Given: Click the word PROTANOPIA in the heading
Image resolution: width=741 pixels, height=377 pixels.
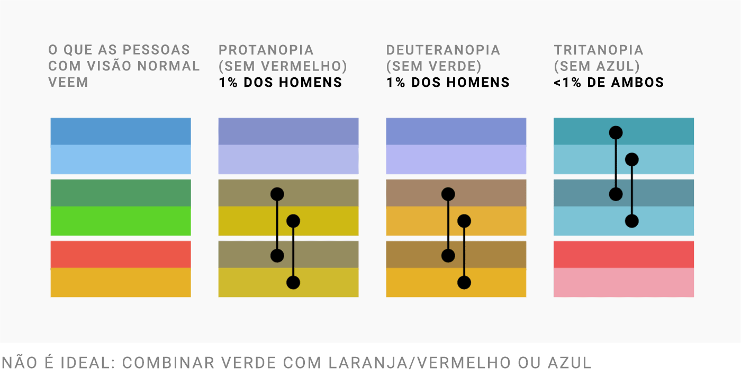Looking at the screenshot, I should click(266, 50).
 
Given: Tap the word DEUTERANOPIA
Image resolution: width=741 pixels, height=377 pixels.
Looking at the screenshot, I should click(443, 50).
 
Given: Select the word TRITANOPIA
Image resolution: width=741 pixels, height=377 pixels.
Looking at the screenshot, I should click(599, 50).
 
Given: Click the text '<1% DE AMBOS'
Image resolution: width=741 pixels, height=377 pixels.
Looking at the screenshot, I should click(609, 83).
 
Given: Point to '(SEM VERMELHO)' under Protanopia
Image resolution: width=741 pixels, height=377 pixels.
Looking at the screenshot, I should click(283, 66).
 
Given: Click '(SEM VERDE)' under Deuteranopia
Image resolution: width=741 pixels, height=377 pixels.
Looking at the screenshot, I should click(434, 66).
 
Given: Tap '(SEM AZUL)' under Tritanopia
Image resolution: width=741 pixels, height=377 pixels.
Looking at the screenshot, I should click(597, 66).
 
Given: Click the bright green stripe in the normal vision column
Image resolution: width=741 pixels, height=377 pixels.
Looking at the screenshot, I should click(121, 221).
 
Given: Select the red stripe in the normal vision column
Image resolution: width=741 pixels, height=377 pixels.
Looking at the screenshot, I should click(121, 254).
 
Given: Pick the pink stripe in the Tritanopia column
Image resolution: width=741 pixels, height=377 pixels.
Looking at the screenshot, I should click(623, 282).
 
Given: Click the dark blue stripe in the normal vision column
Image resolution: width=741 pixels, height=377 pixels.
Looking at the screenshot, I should click(121, 131).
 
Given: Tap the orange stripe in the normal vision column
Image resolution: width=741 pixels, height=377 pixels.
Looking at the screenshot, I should click(121, 282).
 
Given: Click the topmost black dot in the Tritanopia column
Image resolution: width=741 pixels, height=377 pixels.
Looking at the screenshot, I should click(616, 132).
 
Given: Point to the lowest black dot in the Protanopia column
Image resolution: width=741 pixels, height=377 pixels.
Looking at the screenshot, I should click(293, 282).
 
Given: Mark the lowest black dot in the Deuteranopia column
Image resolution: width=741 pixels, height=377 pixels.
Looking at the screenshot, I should click(464, 282).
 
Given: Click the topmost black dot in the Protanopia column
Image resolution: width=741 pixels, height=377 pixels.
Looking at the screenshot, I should click(277, 194).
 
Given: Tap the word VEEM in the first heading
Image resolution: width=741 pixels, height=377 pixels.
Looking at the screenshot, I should click(68, 83).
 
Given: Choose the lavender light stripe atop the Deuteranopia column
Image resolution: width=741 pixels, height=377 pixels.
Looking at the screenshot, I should click(456, 159).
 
